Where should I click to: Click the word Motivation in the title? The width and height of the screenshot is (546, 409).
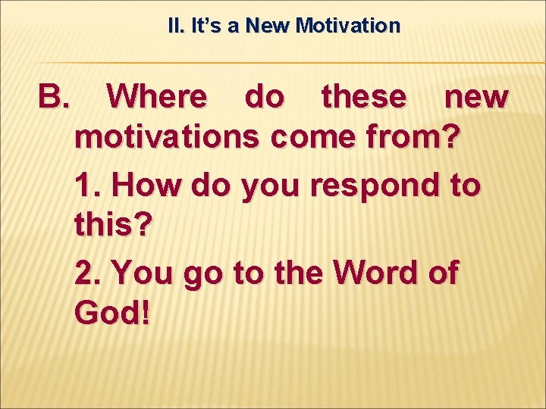(348, 27)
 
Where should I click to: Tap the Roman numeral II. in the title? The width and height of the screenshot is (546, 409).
(175, 27)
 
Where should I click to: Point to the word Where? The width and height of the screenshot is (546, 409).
(156, 97)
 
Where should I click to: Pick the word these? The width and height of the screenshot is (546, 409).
(363, 97)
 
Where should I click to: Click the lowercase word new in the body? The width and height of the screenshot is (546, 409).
(475, 97)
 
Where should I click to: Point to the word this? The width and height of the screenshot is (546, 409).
(113, 226)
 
